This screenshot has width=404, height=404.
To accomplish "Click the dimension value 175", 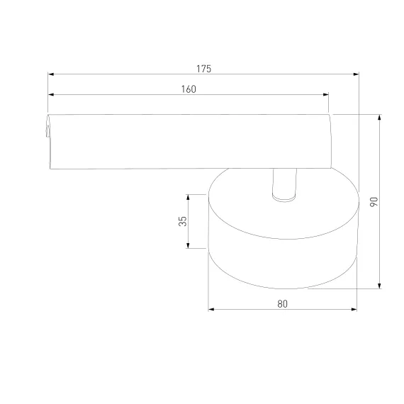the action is (x=204, y=69).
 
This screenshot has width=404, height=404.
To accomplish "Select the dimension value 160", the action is (x=189, y=89).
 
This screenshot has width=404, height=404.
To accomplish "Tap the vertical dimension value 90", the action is (x=374, y=201).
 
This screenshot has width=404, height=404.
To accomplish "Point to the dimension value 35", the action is (x=182, y=221).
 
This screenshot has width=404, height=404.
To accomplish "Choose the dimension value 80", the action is (x=282, y=304).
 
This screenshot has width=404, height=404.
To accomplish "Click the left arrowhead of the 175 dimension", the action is (x=51, y=74).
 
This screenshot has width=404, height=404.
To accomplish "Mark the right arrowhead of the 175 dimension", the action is (x=356, y=74).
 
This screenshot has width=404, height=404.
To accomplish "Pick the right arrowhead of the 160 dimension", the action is (x=325, y=94).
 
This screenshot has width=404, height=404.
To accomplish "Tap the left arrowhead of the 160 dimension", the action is (x=51, y=94).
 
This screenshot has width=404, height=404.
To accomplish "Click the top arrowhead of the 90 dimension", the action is (x=379, y=118).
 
